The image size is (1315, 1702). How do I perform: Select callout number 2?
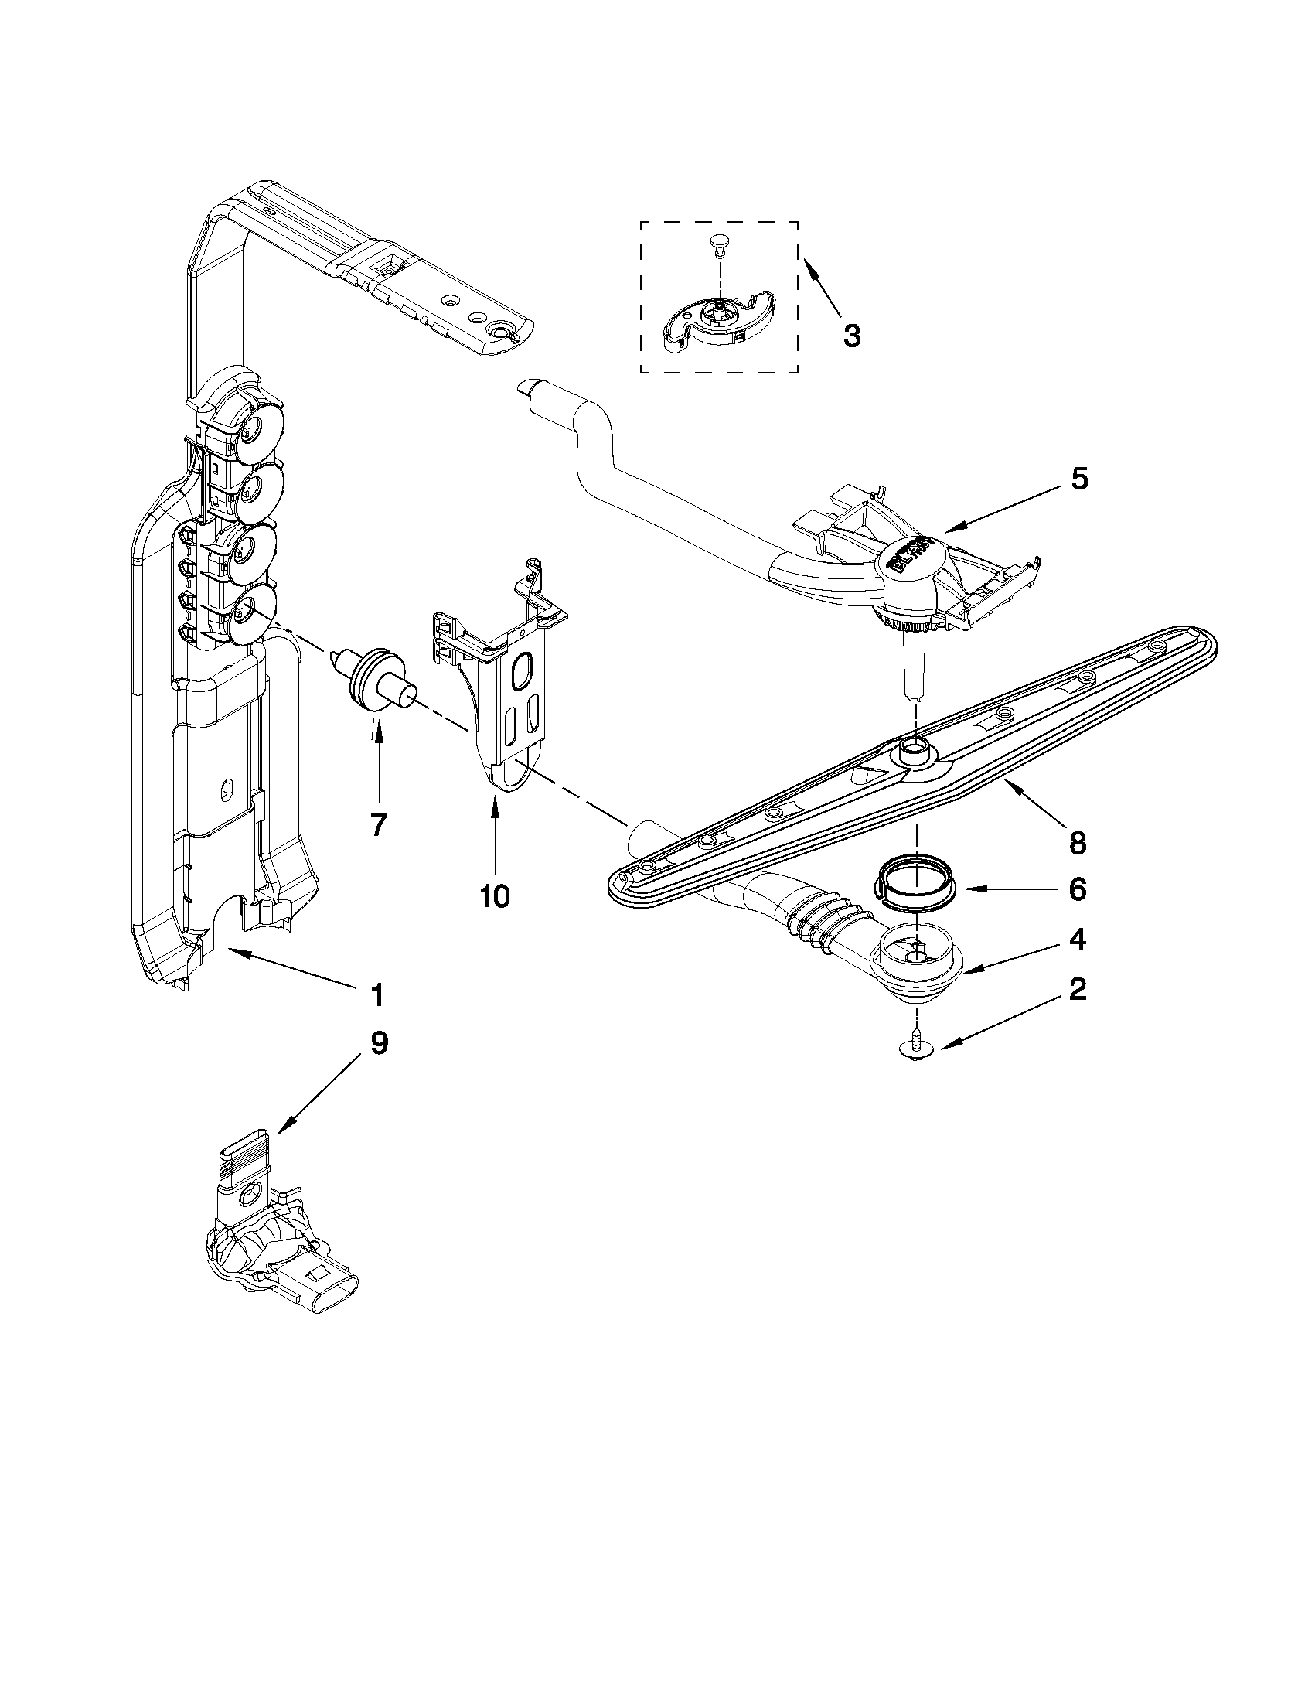[x=1077, y=989]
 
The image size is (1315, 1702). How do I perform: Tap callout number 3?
[x=852, y=336]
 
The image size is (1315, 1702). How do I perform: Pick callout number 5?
[x=1078, y=478]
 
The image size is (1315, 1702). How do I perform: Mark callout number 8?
[x=1078, y=841]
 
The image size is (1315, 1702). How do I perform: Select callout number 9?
[x=378, y=1042]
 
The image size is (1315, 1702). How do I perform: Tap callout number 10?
[x=495, y=895]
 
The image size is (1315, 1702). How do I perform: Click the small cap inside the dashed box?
[x=718, y=245]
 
